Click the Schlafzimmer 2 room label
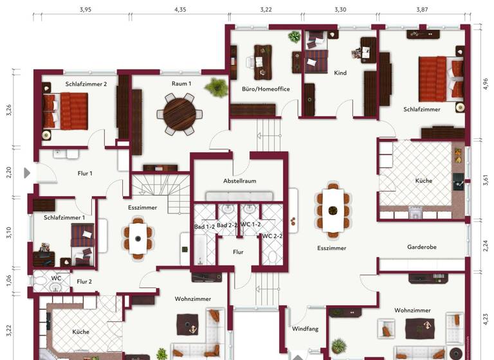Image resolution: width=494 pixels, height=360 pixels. [86, 84]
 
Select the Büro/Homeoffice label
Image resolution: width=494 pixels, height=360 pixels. [261, 89]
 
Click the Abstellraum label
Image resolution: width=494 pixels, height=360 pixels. [240, 181]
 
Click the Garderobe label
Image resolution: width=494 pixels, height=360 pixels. [422, 247]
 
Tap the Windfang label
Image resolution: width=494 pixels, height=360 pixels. [305, 328]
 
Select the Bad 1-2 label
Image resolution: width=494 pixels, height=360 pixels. [205, 226]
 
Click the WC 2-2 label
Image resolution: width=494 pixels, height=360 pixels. [272, 236]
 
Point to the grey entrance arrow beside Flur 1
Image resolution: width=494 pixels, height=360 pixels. [27, 172]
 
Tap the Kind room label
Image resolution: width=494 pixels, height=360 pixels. [340, 73]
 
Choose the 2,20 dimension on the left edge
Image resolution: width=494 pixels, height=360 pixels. [9, 172]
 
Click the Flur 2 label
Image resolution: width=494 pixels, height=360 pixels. [84, 281]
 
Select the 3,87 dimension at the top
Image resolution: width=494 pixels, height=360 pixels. [421, 10]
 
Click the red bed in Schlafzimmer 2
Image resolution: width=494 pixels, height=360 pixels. [66, 109]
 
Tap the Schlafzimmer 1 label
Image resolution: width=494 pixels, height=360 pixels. [64, 218]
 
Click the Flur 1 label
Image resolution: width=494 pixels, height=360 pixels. [85, 173]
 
